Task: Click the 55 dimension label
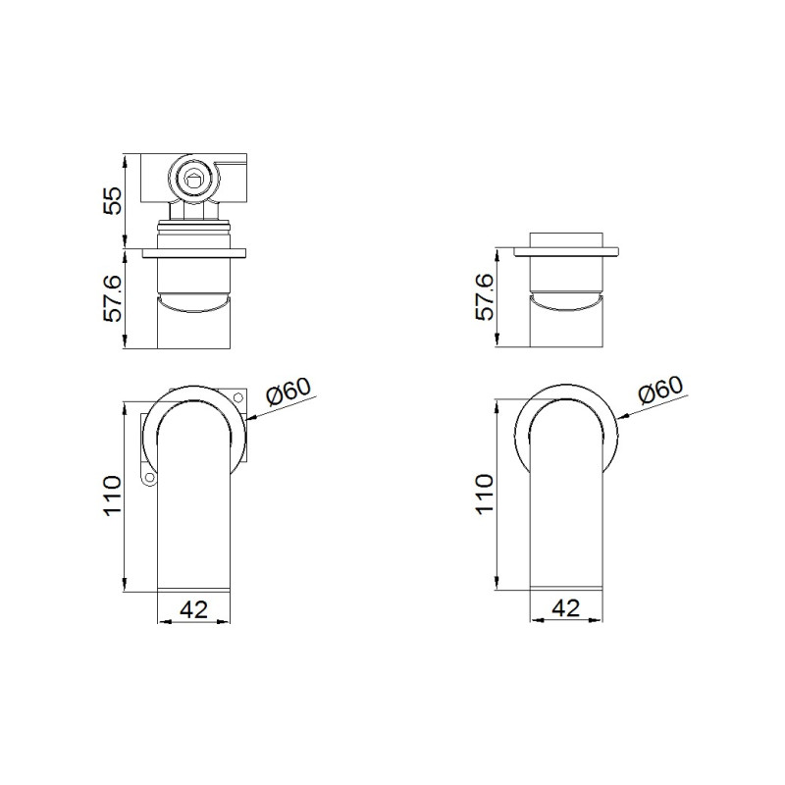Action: (x=113, y=201)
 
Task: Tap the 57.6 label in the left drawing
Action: (x=113, y=298)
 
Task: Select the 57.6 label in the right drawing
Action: (x=485, y=297)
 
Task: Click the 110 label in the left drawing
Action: (x=113, y=496)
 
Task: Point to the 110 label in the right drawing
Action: (x=485, y=495)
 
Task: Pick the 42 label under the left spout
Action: (x=193, y=609)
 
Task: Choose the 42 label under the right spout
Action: (x=566, y=607)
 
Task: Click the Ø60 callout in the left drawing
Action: (x=288, y=391)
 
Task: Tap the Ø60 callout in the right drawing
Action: (x=660, y=390)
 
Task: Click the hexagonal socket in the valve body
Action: (x=192, y=178)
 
